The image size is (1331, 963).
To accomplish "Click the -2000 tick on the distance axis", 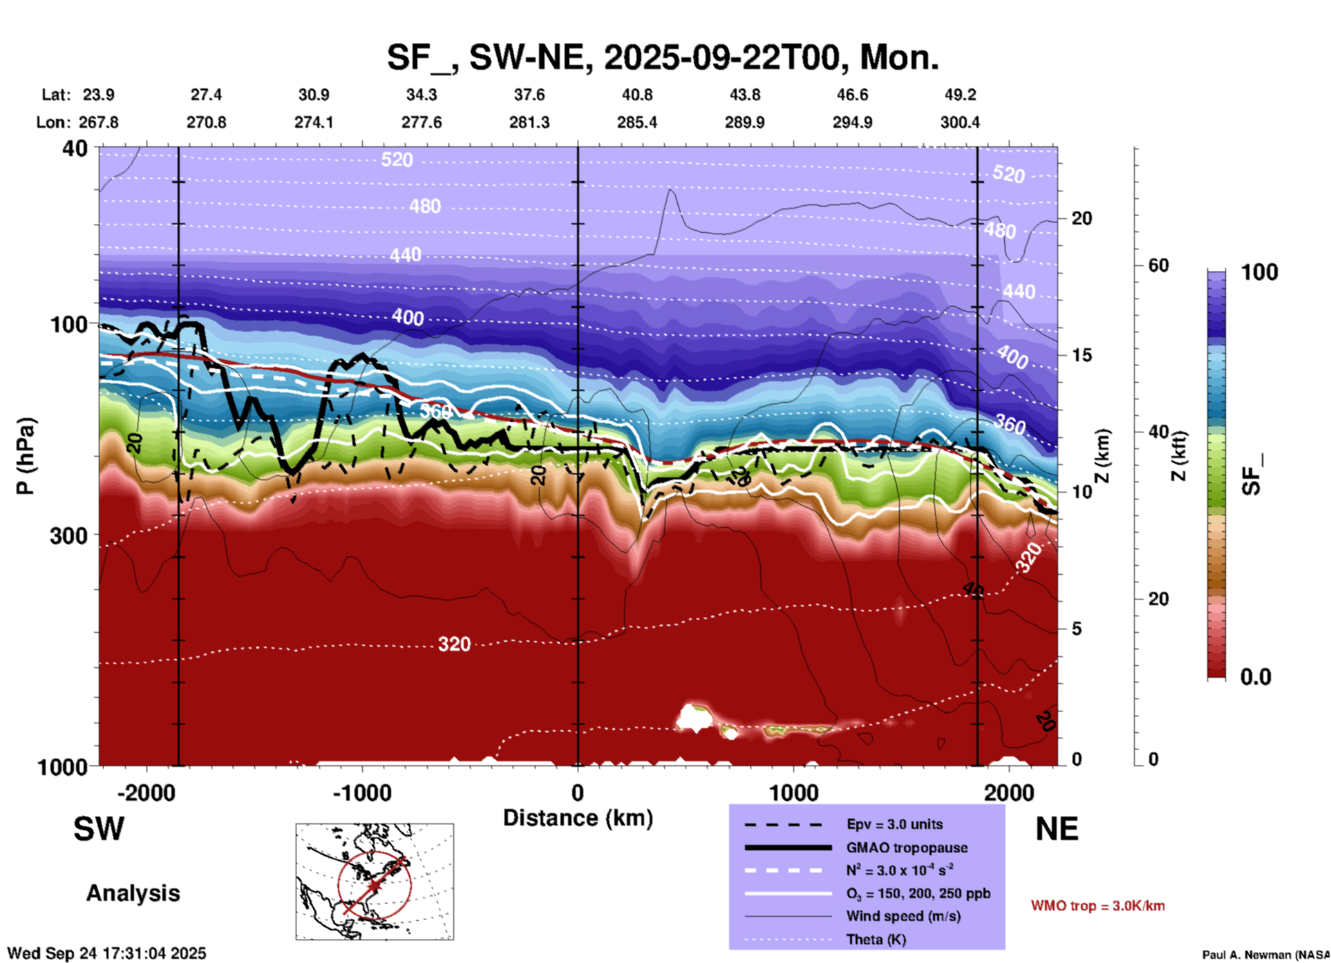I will (x=146, y=792).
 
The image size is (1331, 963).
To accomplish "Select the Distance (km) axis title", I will (x=578, y=818).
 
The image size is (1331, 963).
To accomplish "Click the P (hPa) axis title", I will (x=26, y=456).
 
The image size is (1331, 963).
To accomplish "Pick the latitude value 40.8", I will (x=636, y=95).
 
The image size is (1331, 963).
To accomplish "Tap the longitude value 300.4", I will (x=959, y=122).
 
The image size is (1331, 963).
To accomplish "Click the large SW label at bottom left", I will (x=99, y=829).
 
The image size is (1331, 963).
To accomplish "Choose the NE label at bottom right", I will (x=1057, y=829).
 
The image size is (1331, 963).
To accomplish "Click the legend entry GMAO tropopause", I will (x=907, y=848).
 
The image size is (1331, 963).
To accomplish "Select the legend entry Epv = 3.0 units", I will (x=894, y=824).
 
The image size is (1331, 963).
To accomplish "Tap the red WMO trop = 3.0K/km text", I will (x=1097, y=906).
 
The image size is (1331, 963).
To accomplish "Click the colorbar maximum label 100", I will (x=1259, y=272).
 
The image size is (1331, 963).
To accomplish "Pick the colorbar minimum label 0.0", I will (x=1256, y=676).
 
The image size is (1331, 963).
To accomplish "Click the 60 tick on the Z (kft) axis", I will (x=1158, y=265).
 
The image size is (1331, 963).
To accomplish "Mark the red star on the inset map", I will (x=374, y=886).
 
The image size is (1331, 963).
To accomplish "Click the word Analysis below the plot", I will (x=133, y=893).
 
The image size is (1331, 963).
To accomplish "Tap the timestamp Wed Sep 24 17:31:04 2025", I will (x=106, y=953).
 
